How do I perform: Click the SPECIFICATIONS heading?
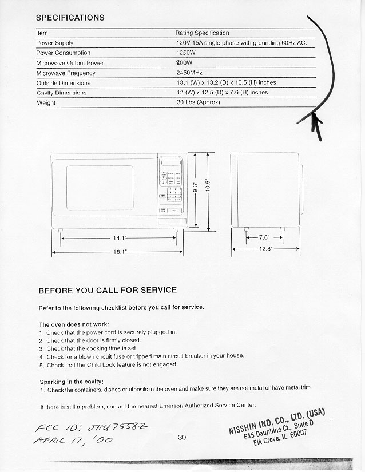click(70, 18)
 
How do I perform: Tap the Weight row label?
click(46, 103)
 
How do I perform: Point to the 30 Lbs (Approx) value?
click(198, 102)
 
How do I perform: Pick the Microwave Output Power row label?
click(70, 63)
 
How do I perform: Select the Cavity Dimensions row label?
click(61, 93)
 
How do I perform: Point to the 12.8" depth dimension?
click(265, 249)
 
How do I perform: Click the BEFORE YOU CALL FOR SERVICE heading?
click(108, 290)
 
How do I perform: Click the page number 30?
click(182, 438)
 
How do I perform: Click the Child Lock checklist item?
click(112, 364)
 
